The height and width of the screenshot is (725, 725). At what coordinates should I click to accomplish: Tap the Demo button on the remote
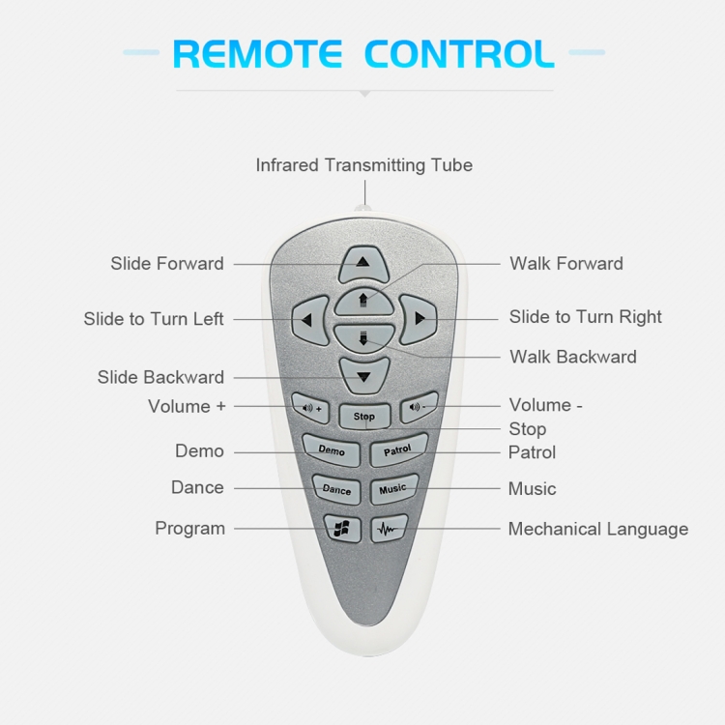coord(332,450)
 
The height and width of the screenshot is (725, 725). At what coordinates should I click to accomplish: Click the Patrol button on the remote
coord(397,449)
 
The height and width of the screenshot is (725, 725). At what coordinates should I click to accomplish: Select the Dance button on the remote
coord(336,490)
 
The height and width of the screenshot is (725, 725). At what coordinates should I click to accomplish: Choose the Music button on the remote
coord(392,489)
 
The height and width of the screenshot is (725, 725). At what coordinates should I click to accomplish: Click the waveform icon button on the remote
coord(389,530)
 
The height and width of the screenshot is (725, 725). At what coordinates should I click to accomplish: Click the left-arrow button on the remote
coord(308,319)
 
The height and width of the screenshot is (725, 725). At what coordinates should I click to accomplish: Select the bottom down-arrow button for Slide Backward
coord(363,374)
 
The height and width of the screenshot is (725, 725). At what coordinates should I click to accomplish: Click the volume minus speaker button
coord(419,407)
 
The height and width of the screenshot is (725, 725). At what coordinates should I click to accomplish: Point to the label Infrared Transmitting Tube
coord(363,165)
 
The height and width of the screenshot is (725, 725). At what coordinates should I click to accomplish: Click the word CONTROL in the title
coord(459,53)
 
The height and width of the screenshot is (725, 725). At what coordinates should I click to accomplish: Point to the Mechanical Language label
coord(598,529)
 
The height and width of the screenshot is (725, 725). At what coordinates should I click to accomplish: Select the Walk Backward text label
coord(573,357)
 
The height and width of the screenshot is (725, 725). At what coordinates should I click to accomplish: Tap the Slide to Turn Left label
coord(154,319)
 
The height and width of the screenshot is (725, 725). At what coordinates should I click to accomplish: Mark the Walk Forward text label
coord(566,263)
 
